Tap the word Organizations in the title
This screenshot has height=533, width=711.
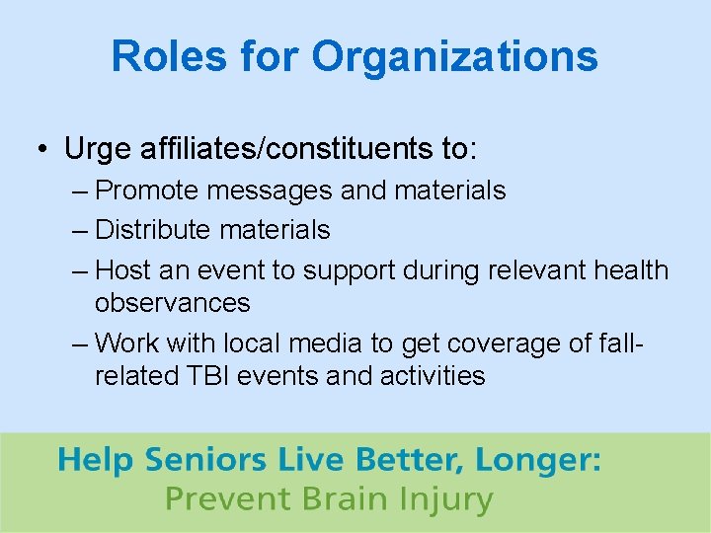pos(455,56)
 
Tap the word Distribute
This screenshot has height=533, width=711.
pos(153,230)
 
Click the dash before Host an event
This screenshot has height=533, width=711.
pos(79,270)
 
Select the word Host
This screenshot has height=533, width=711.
pos(121,269)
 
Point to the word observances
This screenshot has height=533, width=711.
pos(172,302)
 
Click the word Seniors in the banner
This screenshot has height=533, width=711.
pos(205,461)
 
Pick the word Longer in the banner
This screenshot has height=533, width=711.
pos(537,461)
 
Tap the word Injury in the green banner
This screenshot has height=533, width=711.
pos(442,499)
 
